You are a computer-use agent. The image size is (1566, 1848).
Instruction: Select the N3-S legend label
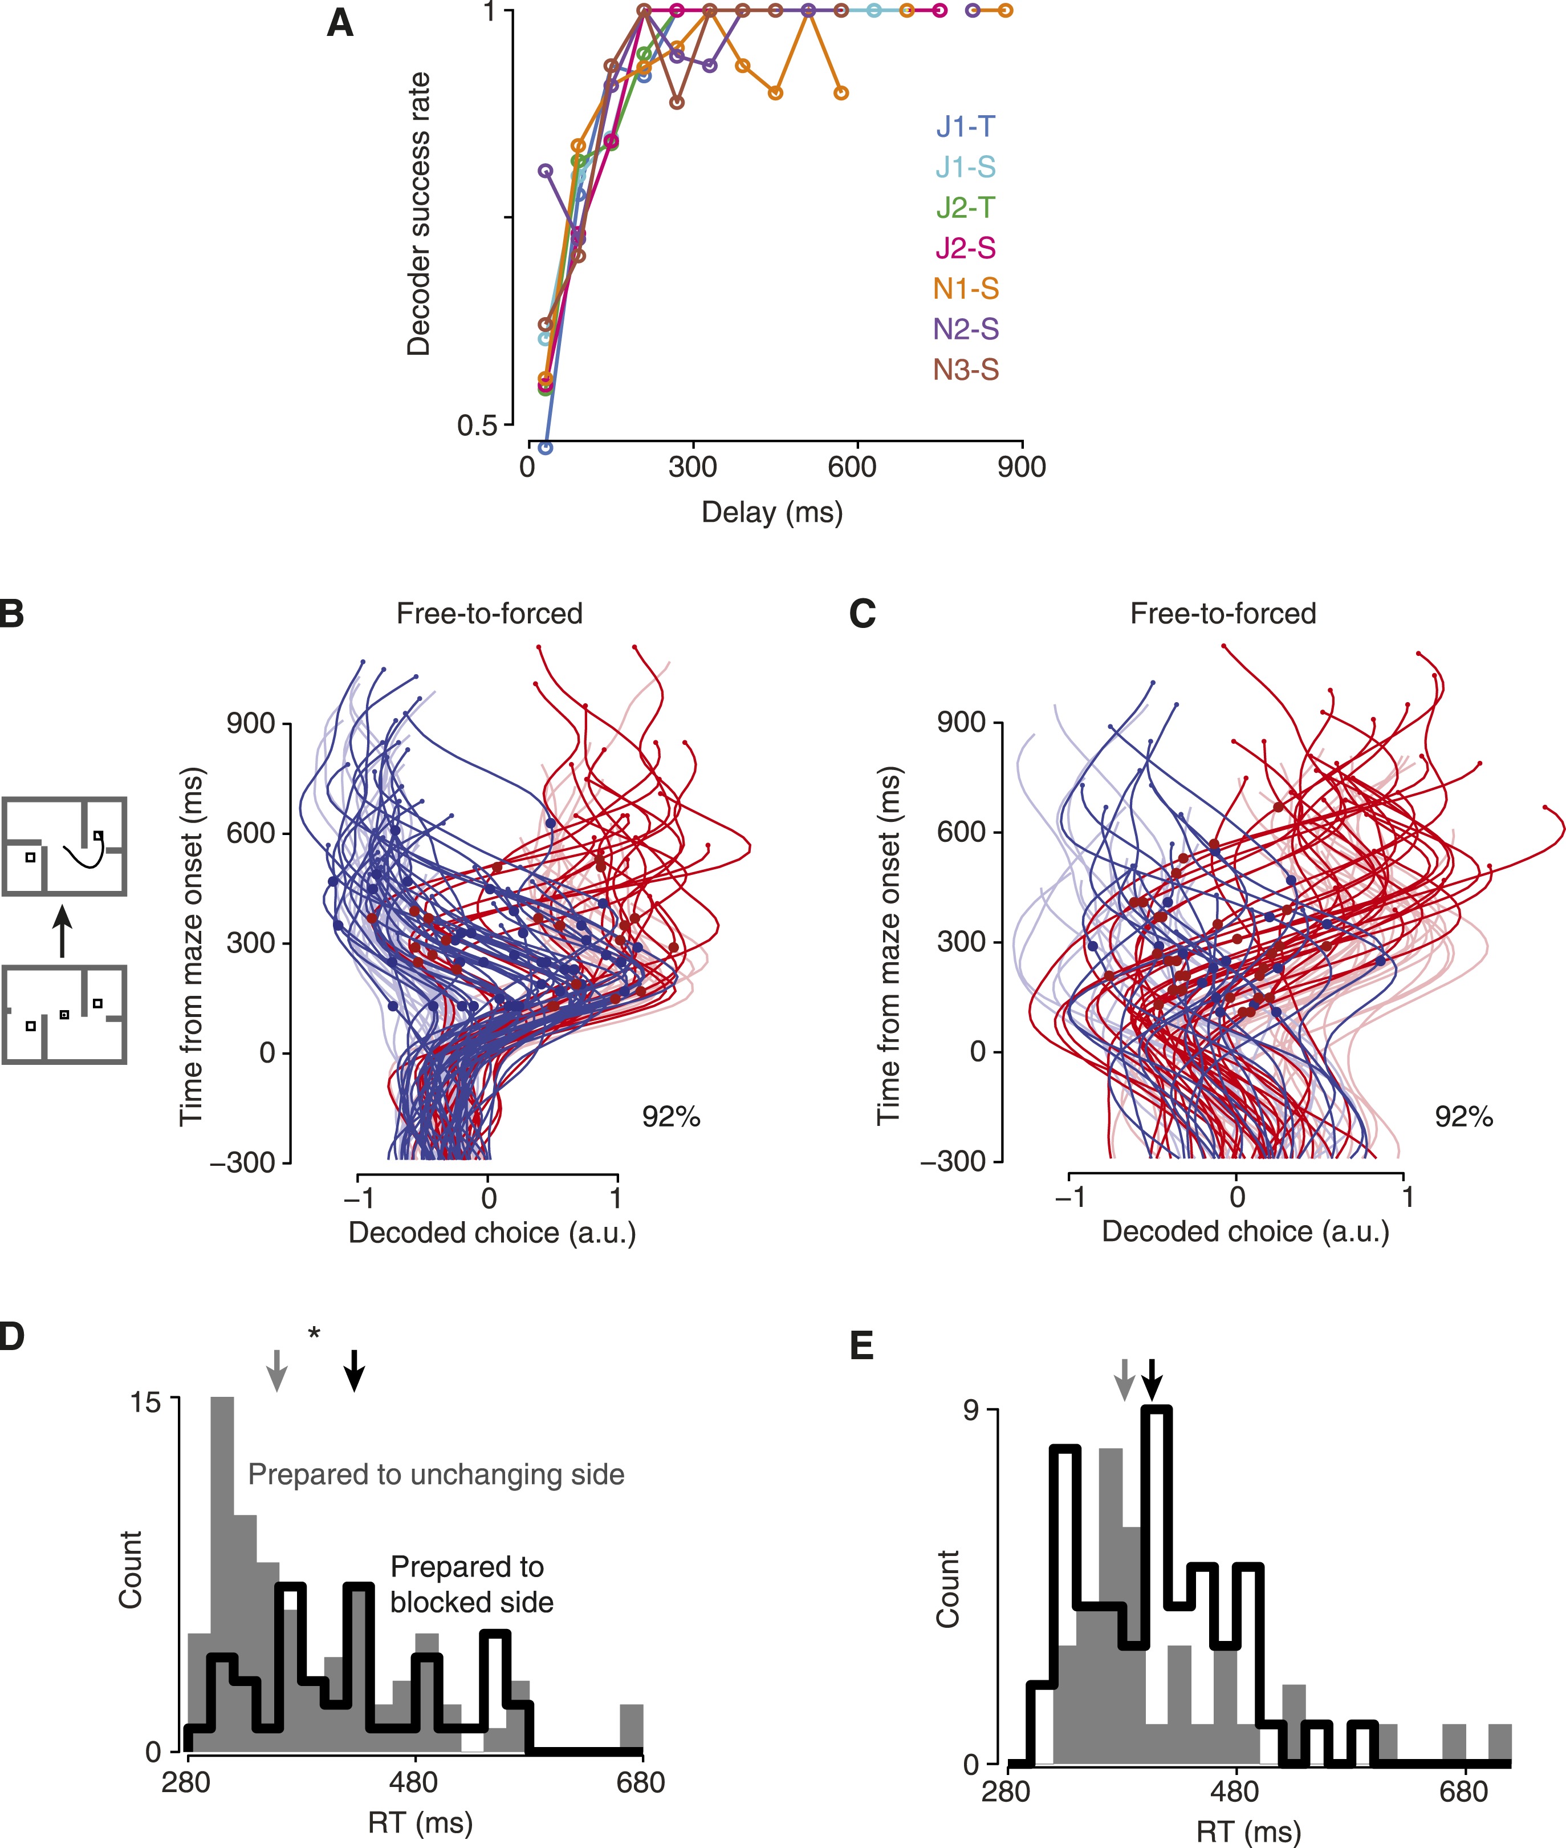pyautogui.click(x=966, y=370)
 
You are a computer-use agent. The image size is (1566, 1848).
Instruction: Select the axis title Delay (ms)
pyautogui.click(x=771, y=512)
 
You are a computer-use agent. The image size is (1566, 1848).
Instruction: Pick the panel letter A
pyautogui.click(x=340, y=23)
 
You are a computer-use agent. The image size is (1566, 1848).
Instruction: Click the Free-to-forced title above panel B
pyautogui.click(x=489, y=614)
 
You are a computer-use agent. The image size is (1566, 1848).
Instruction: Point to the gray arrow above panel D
pyautogui.click(x=277, y=1370)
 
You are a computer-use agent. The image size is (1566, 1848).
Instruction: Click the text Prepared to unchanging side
pyautogui.click(x=436, y=1474)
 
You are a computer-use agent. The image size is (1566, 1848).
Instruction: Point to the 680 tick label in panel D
pyautogui.click(x=640, y=1782)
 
